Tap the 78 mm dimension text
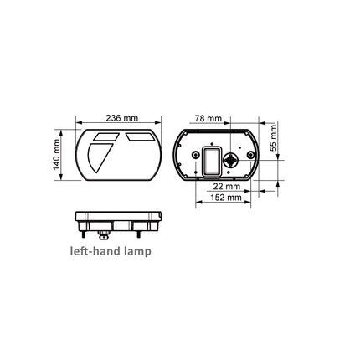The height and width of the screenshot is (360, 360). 206,119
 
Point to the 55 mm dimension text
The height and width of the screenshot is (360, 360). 274,145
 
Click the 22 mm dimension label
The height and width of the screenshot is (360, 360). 226,186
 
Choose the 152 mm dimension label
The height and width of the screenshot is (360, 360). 226,198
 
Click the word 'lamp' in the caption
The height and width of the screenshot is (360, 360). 135,250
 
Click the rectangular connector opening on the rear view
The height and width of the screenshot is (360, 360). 210,162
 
